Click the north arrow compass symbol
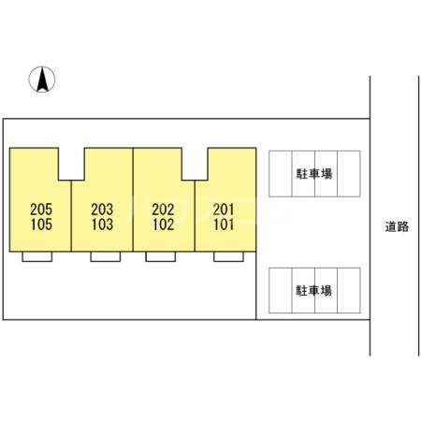(x=42, y=80)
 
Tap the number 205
(x=41, y=210)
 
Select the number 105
(x=41, y=225)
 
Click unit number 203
(x=102, y=210)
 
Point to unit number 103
(x=102, y=225)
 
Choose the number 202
(x=163, y=210)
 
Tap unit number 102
(x=163, y=225)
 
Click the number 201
(x=224, y=210)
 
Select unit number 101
(x=224, y=225)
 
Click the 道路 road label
(x=397, y=226)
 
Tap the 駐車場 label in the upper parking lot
(x=314, y=174)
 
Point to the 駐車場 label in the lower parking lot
(x=313, y=291)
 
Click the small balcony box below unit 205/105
(x=37, y=256)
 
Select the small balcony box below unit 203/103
(x=106, y=256)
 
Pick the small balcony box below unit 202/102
(x=161, y=256)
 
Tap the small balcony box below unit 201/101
(x=228, y=256)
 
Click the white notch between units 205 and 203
(x=71, y=164)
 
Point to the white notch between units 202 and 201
(x=195, y=164)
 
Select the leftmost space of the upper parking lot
(x=281, y=174)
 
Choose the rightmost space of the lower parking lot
(x=349, y=290)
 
